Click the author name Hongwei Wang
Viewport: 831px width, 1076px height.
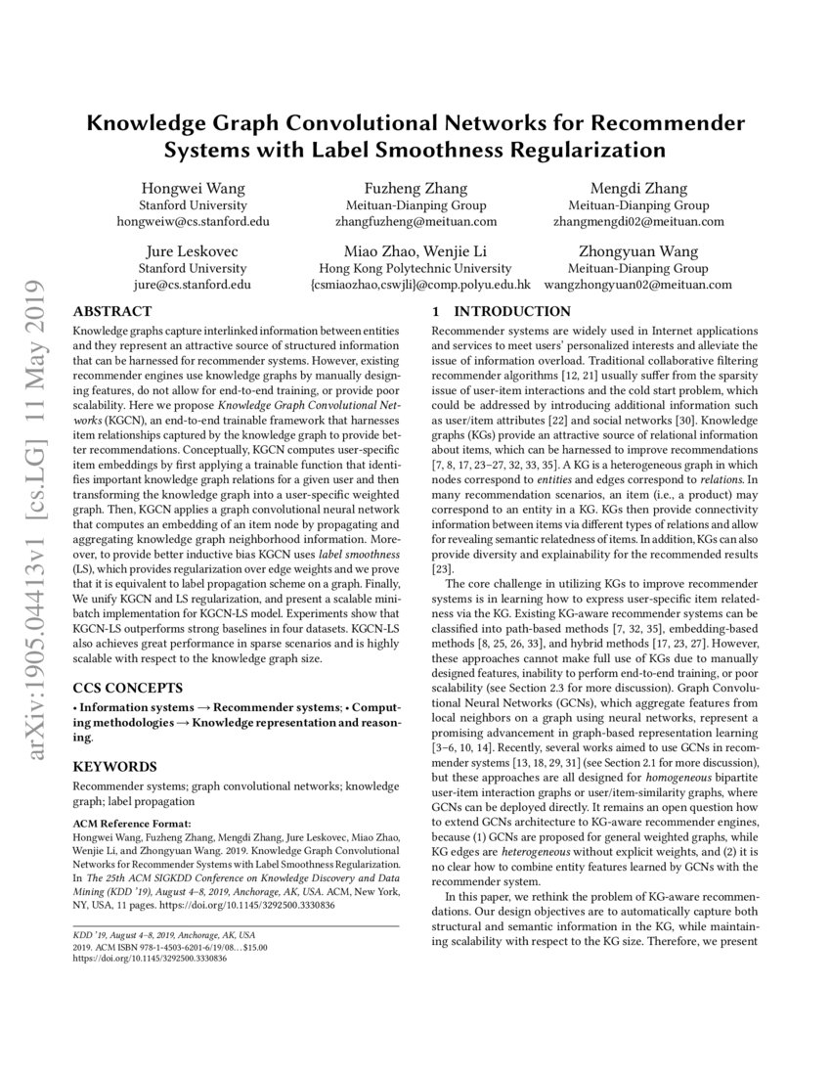pyautogui.click(x=193, y=188)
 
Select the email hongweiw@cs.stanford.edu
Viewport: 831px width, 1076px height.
pyautogui.click(x=193, y=222)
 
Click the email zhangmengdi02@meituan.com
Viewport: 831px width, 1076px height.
pyautogui.click(x=652, y=222)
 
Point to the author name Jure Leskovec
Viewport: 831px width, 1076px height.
pyautogui.click(x=193, y=251)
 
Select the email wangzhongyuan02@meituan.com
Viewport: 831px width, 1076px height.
pyautogui.click(x=652, y=285)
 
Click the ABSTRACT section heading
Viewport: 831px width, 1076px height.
pyautogui.click(x=110, y=311)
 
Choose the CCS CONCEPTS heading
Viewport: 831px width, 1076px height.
pyautogui.click(x=127, y=688)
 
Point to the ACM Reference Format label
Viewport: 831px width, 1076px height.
pyautogui.click(x=132, y=825)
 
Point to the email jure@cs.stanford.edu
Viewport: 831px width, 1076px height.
pyautogui.click(x=193, y=285)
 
